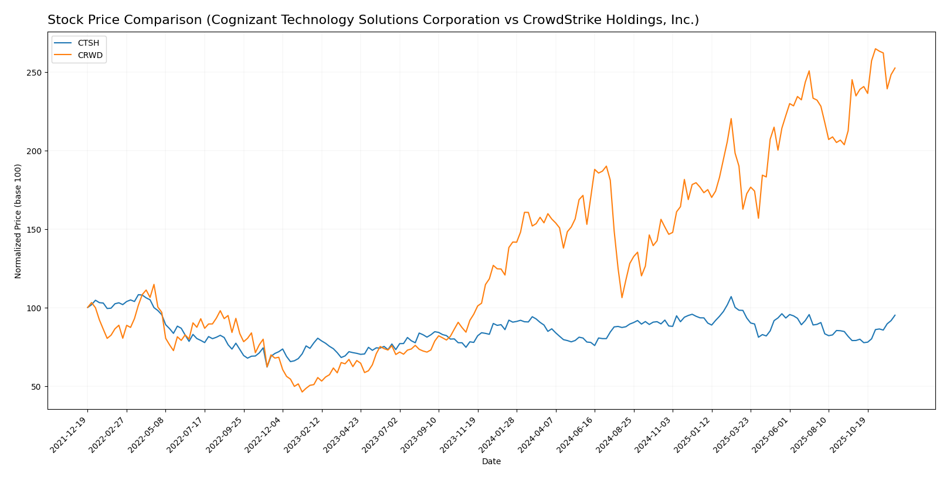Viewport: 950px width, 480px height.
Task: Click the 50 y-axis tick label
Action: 36,387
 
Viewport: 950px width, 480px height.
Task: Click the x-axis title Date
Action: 491,462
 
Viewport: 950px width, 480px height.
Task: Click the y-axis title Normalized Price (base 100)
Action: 18,221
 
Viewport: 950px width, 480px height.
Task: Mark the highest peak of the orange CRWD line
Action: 876,49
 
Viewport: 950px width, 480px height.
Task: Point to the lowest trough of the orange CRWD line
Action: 302,392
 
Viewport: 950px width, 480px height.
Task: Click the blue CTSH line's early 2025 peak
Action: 731,297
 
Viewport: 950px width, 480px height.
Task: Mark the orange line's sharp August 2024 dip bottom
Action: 622,298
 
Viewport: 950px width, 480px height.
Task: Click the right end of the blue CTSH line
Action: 895,315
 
